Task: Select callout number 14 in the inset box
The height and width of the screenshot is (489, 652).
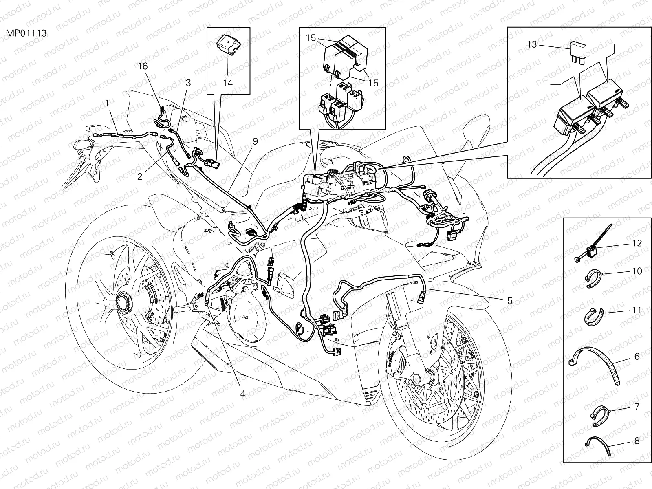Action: (x=227, y=83)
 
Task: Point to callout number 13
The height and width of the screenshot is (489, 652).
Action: (x=532, y=44)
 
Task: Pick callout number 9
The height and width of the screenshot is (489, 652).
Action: (x=255, y=141)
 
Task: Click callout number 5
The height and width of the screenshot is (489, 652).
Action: (x=509, y=301)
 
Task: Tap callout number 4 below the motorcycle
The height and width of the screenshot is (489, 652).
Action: (x=243, y=394)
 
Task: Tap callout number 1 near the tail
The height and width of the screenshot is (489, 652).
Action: (x=107, y=104)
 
